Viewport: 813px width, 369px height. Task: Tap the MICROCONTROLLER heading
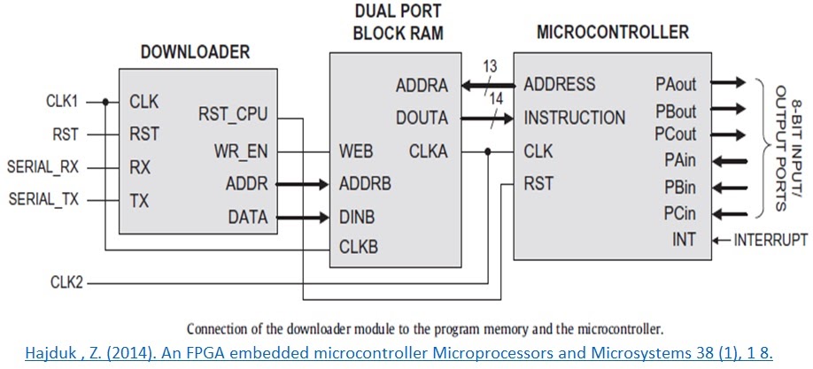pyautogui.click(x=612, y=33)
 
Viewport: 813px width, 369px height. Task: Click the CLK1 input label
pyautogui.click(x=64, y=101)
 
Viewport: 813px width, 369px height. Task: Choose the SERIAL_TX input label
pyautogui.click(x=43, y=200)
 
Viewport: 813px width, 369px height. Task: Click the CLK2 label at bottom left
pyautogui.click(x=68, y=283)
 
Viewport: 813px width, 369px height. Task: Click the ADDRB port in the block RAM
pyautogui.click(x=366, y=184)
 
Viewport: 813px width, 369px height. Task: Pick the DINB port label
pyautogui.click(x=358, y=217)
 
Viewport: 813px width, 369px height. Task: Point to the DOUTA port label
pyautogui.click(x=422, y=119)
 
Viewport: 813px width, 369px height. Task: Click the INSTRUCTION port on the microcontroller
pyautogui.click(x=575, y=118)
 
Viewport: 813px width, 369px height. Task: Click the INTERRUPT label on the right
pyautogui.click(x=770, y=239)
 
